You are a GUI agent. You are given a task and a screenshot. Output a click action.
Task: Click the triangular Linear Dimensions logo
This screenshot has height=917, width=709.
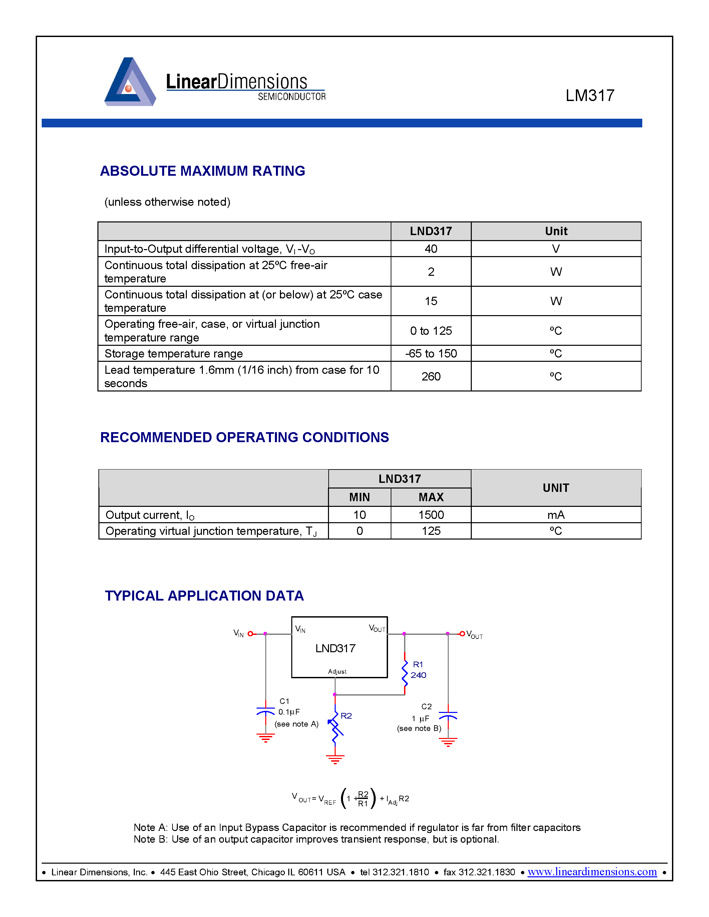[130, 82]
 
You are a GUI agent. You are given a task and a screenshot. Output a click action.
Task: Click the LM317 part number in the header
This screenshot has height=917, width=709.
[589, 96]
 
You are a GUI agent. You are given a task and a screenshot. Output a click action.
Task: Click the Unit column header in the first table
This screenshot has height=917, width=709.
[556, 231]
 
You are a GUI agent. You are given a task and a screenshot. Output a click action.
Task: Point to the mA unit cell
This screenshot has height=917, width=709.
[556, 515]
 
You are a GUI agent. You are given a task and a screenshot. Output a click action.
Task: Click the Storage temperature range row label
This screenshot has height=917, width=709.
[173, 353]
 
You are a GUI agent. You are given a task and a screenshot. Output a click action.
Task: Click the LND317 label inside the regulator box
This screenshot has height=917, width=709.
[335, 648]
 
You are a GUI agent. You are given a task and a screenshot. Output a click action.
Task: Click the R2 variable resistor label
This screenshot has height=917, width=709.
[346, 716]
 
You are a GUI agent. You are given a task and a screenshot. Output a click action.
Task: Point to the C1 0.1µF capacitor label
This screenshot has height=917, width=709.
[289, 707]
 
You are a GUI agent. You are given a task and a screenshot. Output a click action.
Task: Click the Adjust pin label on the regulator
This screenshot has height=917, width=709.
[337, 671]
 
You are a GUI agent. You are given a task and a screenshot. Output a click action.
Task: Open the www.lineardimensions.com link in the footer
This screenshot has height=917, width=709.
[592, 872]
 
